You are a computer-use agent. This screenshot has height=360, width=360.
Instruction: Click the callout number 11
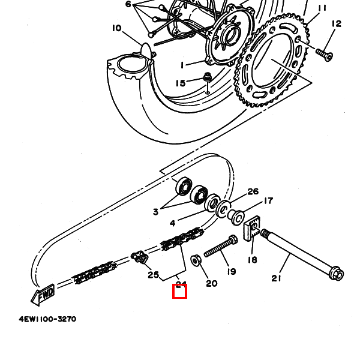coord(322,8)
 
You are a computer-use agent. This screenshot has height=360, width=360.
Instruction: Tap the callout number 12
coord(336,23)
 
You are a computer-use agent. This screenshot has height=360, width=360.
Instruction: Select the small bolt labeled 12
coord(325,55)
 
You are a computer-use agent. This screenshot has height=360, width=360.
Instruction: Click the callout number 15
coord(181,83)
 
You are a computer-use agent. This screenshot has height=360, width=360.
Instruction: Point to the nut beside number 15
coord(206,78)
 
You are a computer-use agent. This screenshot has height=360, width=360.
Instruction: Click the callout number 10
coord(116,28)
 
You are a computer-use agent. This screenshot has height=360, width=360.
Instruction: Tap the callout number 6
coord(128,4)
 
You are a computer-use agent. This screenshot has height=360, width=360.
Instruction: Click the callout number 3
coord(155,211)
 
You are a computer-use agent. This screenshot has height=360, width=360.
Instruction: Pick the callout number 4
coord(173,223)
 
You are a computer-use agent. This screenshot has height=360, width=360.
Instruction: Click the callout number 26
coord(253,191)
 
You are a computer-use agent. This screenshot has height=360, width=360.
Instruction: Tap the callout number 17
coord(268,201)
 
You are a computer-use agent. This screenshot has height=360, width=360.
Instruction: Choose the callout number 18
coord(252,260)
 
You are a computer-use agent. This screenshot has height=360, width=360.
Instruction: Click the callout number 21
coord(276,278)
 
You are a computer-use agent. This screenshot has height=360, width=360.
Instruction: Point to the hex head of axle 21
coord(337,275)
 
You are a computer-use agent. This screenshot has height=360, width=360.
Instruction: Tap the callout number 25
coord(153,275)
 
